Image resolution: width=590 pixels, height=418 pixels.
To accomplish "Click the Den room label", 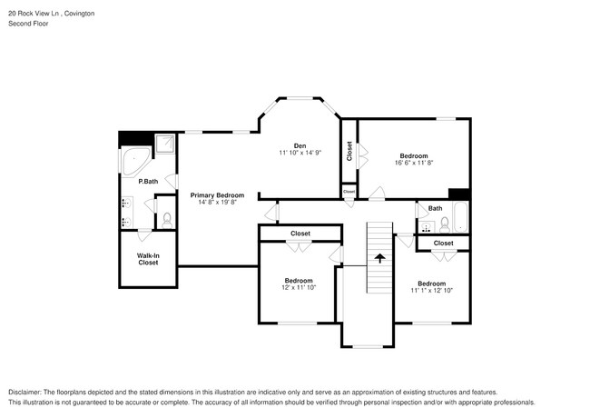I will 299,145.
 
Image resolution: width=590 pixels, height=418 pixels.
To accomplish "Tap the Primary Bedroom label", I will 217,195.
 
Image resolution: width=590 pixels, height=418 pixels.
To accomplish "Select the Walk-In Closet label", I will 148,259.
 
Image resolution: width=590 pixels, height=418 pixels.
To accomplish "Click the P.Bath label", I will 148,182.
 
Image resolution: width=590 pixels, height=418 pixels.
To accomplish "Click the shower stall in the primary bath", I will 165,144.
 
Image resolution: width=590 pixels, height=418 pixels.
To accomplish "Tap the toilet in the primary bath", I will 165,218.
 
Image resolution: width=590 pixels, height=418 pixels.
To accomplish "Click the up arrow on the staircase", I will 379,259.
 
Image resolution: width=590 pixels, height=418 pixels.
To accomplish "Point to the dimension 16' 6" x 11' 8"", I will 414,164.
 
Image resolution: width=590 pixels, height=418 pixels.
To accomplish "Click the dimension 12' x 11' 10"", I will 299,288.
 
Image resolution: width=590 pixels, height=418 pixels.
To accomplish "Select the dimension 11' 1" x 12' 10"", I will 431,291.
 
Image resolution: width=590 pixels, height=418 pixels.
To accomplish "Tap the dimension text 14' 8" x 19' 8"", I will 217,203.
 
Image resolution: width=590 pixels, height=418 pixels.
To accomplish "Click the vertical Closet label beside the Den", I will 349,152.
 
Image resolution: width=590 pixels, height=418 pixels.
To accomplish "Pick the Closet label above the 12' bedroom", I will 300,234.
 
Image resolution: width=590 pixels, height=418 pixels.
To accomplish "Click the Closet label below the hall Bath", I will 443,243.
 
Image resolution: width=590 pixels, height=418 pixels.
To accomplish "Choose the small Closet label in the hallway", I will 349,192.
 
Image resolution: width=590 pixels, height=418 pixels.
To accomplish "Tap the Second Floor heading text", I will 28,25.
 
